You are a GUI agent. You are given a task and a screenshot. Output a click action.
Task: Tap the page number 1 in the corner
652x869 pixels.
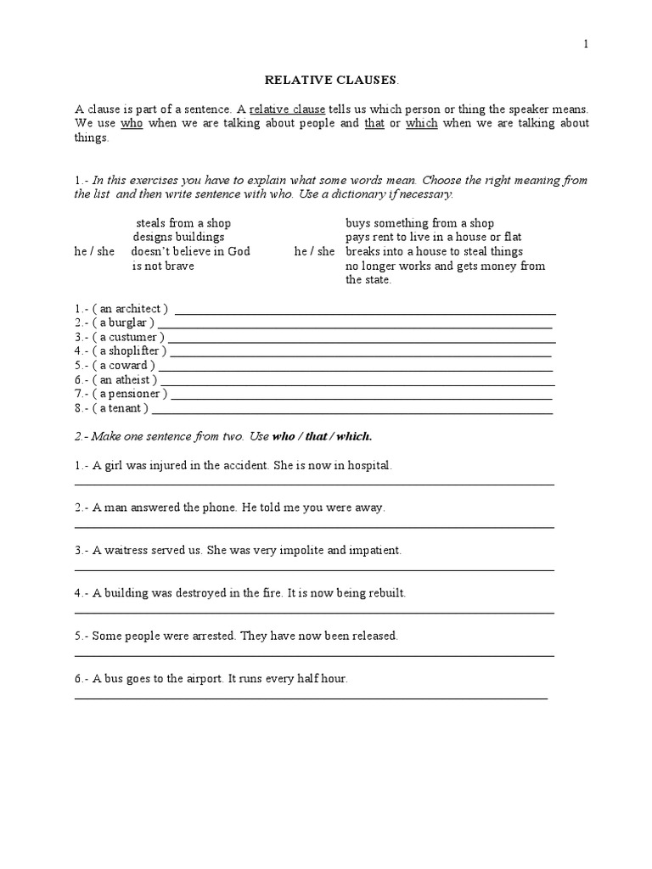(585, 44)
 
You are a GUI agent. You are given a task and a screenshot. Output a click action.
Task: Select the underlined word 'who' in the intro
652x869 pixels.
(132, 124)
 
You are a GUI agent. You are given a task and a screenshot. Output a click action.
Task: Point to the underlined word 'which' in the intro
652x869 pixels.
(421, 124)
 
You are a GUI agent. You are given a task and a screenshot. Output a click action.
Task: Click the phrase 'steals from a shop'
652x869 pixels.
(183, 223)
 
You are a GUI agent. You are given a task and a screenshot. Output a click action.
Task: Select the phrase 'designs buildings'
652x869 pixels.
(178, 238)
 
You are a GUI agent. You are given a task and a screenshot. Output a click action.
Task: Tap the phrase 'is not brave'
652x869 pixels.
(163, 266)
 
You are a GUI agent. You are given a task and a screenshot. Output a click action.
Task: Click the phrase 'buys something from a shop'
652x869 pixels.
(419, 223)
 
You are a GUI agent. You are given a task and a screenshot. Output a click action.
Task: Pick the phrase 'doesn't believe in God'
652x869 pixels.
(190, 252)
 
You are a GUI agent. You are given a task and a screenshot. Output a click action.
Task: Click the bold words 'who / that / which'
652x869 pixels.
(322, 436)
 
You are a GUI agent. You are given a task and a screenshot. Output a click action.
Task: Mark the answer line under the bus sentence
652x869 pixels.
(312, 698)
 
